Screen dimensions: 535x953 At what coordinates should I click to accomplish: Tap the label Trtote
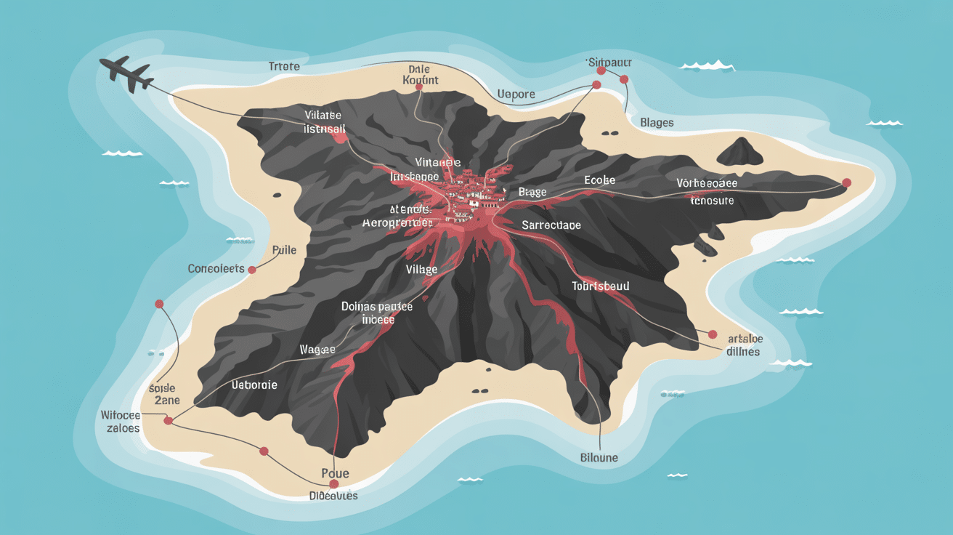pyautogui.click(x=283, y=66)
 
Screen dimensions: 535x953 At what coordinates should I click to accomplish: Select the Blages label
pyautogui.click(x=657, y=123)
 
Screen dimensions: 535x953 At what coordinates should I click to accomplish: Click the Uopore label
pyautogui.click(x=516, y=94)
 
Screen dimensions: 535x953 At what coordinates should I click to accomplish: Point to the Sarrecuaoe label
pyautogui.click(x=551, y=225)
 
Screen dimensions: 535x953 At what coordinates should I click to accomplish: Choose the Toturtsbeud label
pyautogui.click(x=600, y=286)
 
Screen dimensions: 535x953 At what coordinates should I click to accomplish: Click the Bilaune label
pyautogui.click(x=599, y=457)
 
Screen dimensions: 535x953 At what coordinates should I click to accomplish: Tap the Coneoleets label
pyautogui.click(x=216, y=268)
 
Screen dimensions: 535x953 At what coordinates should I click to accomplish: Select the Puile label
pyautogui.click(x=284, y=250)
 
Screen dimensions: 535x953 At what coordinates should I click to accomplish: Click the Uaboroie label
pyautogui.click(x=254, y=385)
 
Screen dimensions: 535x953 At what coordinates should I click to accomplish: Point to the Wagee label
pyautogui.click(x=317, y=350)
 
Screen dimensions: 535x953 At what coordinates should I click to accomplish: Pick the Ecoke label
pyautogui.click(x=599, y=180)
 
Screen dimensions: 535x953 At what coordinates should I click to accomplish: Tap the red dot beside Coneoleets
pyautogui.click(x=252, y=270)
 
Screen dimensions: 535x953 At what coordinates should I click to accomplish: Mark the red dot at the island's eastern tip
pyautogui.click(x=846, y=183)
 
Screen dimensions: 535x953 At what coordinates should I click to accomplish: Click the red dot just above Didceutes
pyautogui.click(x=334, y=483)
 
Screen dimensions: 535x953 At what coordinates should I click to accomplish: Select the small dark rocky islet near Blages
pyautogui.click(x=739, y=151)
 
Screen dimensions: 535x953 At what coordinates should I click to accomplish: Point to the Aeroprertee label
pyautogui.click(x=397, y=223)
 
